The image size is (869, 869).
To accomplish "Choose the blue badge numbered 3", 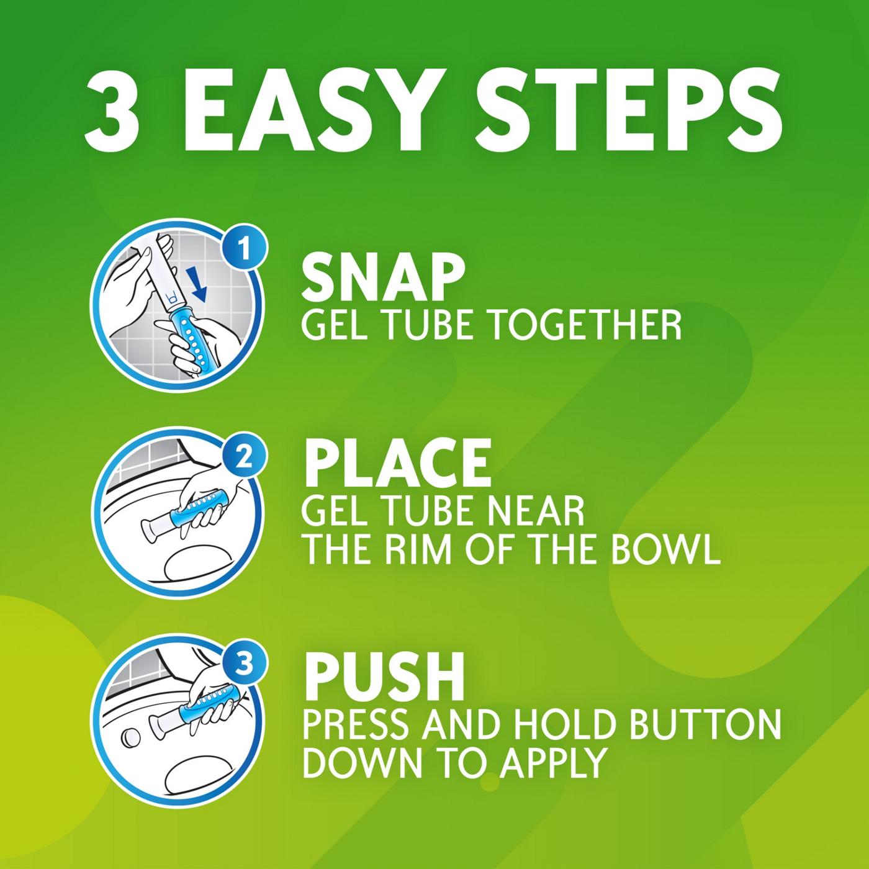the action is pos(245,665).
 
